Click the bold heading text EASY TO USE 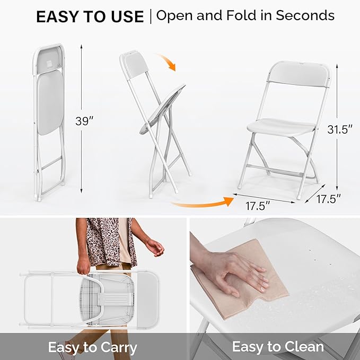coord(90,16)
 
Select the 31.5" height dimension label coord(339,129)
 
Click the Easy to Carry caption coord(92,348)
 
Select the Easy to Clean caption coord(277,347)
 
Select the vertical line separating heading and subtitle coord(150,16)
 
